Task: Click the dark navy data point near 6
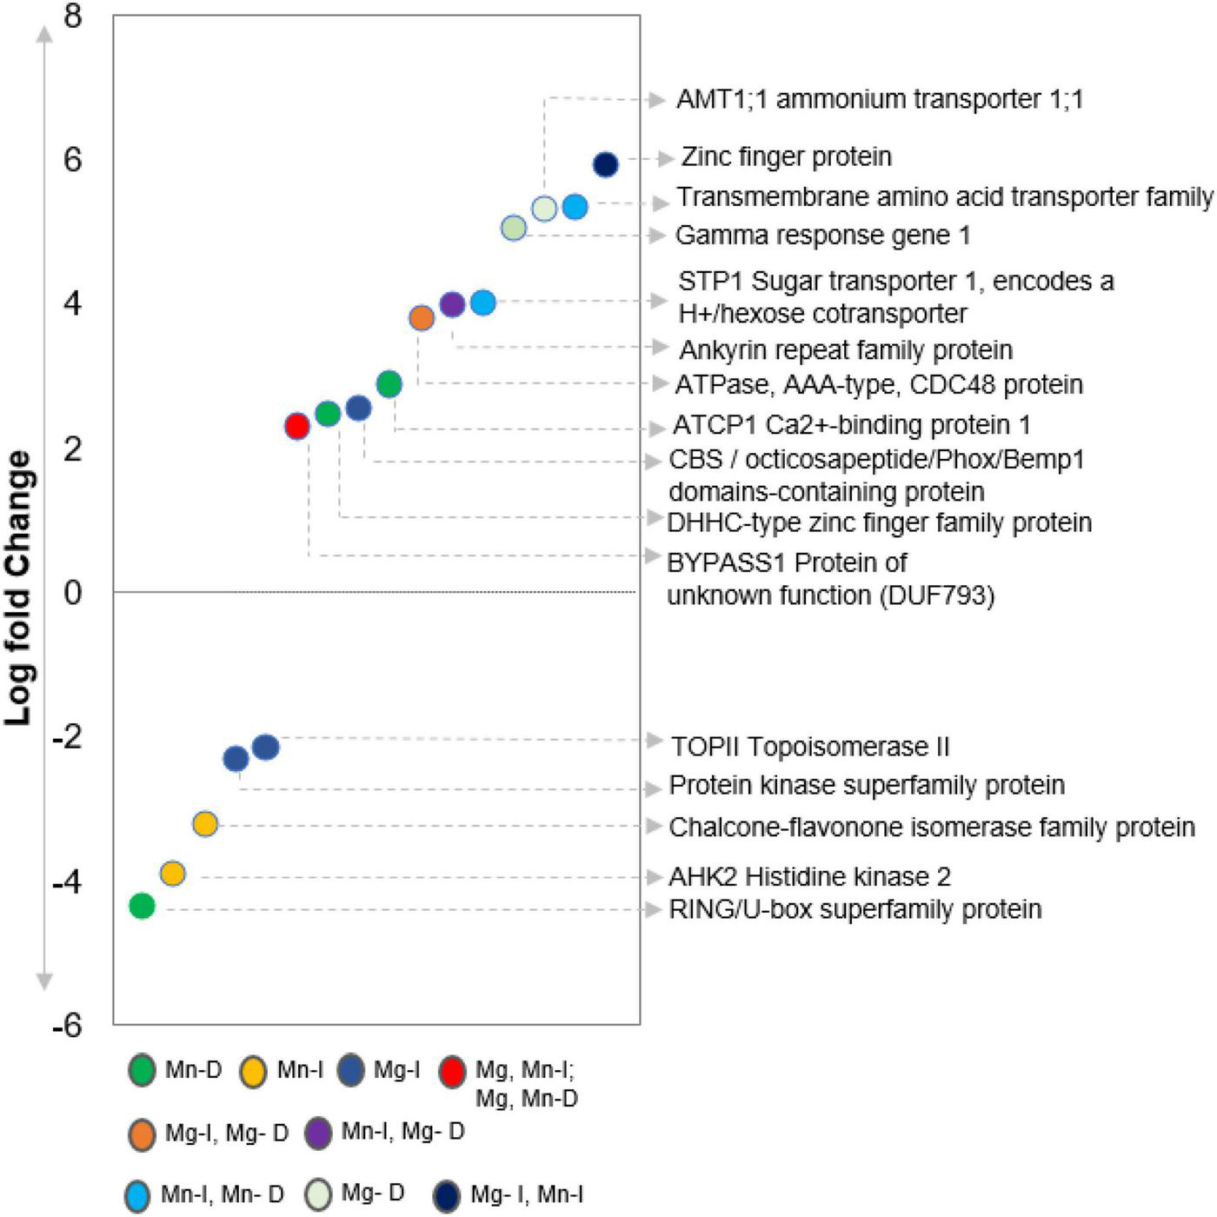click(606, 164)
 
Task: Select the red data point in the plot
click(297, 426)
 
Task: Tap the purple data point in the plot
click(452, 304)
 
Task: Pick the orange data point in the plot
click(422, 318)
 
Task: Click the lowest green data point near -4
click(142, 906)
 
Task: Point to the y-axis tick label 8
click(73, 16)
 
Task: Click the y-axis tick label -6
click(67, 1026)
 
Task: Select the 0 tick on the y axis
click(73, 593)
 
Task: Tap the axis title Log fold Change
click(19, 588)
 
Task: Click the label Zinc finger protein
click(786, 156)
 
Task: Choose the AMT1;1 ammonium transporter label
click(880, 99)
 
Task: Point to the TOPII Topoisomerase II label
click(810, 747)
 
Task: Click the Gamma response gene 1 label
click(822, 236)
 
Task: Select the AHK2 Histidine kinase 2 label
click(809, 876)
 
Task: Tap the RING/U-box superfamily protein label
click(855, 909)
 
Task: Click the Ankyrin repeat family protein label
click(846, 350)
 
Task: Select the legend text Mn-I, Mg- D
click(402, 1132)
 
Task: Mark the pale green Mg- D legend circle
click(319, 1194)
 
